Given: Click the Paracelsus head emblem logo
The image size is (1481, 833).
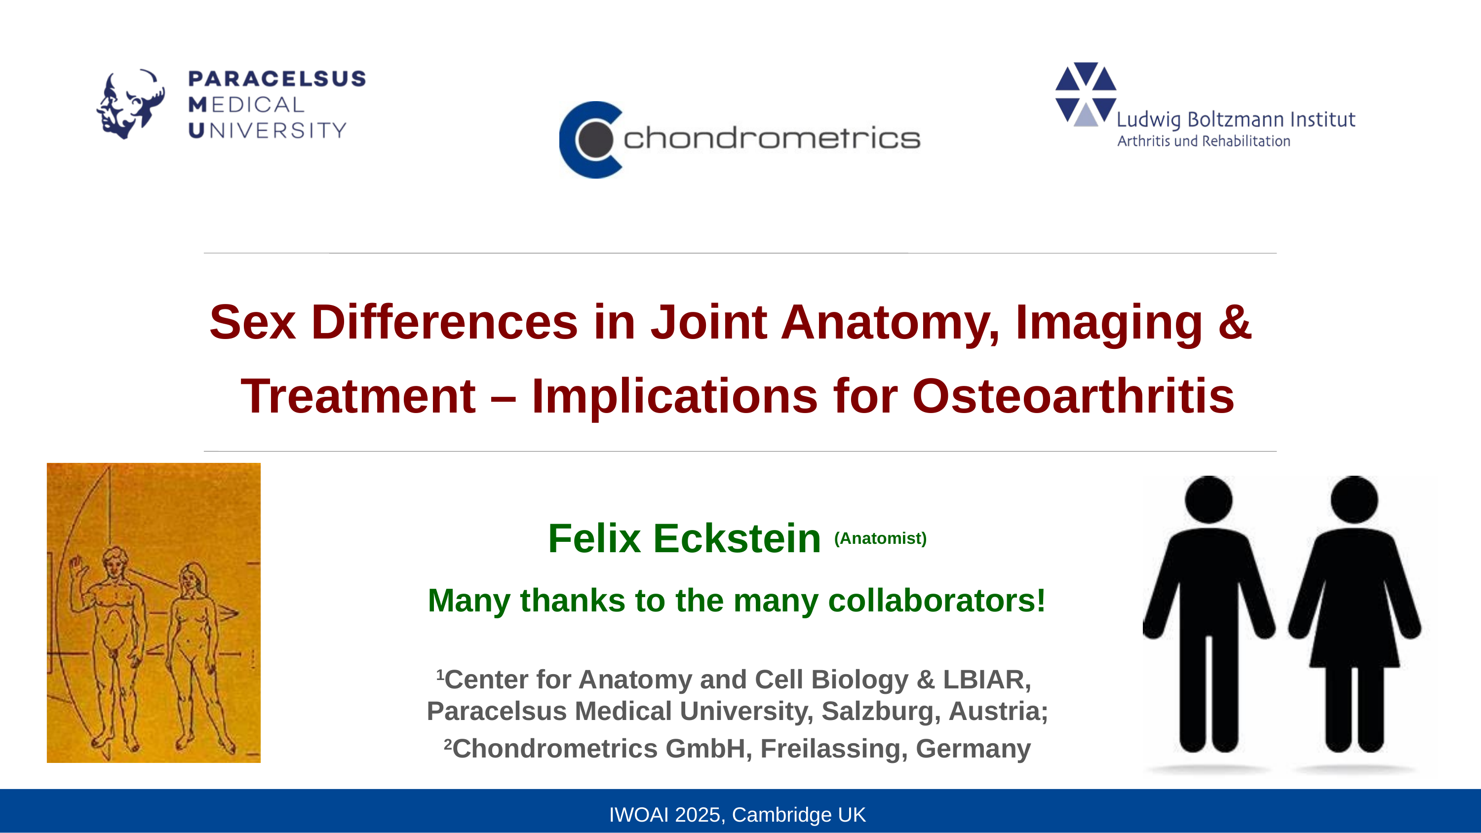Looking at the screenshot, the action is [x=130, y=104].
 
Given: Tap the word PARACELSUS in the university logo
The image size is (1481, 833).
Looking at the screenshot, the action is [x=277, y=79].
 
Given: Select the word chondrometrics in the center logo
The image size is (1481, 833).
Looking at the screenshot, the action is [x=772, y=138].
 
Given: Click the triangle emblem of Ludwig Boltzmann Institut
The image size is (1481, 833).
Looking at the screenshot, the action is [x=1086, y=94].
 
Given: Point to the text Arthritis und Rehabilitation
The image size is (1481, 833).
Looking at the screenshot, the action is [x=1204, y=141].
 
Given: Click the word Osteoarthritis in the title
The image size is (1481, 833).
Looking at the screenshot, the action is [x=1073, y=396].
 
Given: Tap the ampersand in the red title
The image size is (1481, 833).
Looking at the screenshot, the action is [x=1234, y=322].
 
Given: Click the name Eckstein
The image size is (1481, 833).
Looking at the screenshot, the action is [x=737, y=539].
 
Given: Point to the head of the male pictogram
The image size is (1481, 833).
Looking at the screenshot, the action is [x=1208, y=499].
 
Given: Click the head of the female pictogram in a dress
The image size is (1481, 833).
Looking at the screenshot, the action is [x=1354, y=499].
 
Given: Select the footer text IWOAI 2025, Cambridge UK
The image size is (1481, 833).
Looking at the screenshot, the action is [x=737, y=815].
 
